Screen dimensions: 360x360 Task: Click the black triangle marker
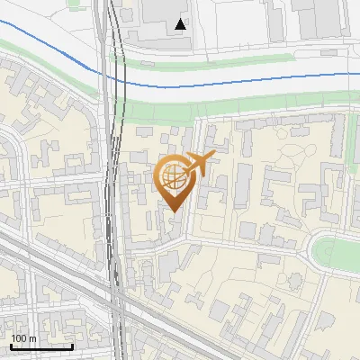[182, 24]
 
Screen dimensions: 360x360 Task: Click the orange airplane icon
[200, 165]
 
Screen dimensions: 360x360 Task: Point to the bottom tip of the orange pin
[174, 212]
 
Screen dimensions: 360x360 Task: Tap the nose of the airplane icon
[213, 157]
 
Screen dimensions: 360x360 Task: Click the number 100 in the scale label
[19, 338]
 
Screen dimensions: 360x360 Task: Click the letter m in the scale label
[32, 338]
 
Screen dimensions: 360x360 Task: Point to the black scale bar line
[41, 346]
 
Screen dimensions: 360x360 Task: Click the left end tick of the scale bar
[11, 345]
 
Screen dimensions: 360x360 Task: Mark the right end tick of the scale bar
[72, 345]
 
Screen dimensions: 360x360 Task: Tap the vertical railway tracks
[113, 180]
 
